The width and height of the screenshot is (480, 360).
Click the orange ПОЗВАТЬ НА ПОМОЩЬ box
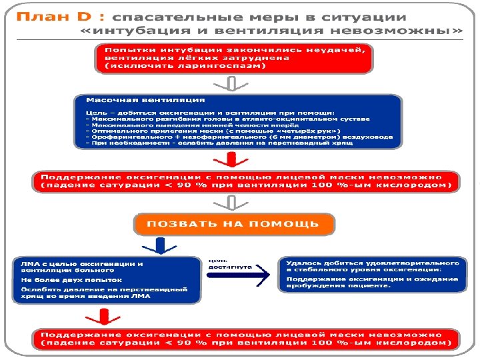233,224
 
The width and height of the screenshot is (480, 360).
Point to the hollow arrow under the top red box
232,83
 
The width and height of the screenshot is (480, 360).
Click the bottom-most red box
246,339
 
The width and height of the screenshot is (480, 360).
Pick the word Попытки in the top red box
124,51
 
